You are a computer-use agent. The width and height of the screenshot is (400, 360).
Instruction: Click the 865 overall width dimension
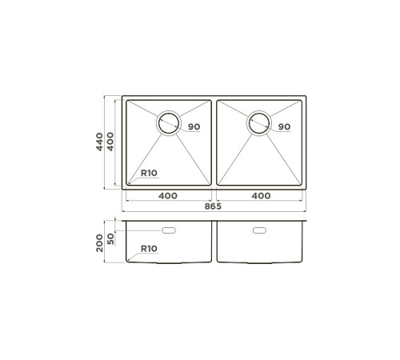point(212,206)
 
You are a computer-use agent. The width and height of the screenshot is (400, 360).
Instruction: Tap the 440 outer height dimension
point(100,143)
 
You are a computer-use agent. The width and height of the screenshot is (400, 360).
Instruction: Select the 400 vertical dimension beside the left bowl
point(111,144)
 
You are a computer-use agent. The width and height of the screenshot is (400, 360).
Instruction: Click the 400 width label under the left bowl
point(167,195)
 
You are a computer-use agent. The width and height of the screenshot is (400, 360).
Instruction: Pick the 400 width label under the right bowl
point(260,195)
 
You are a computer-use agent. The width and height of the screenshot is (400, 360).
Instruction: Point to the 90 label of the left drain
point(194,127)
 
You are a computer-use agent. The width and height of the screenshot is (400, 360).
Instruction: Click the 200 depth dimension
point(100,242)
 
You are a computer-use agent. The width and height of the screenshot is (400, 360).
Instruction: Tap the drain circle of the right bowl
point(259,122)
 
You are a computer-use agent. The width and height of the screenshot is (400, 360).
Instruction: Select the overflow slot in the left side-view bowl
point(170,231)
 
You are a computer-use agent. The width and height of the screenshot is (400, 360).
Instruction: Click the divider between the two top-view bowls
point(214,144)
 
